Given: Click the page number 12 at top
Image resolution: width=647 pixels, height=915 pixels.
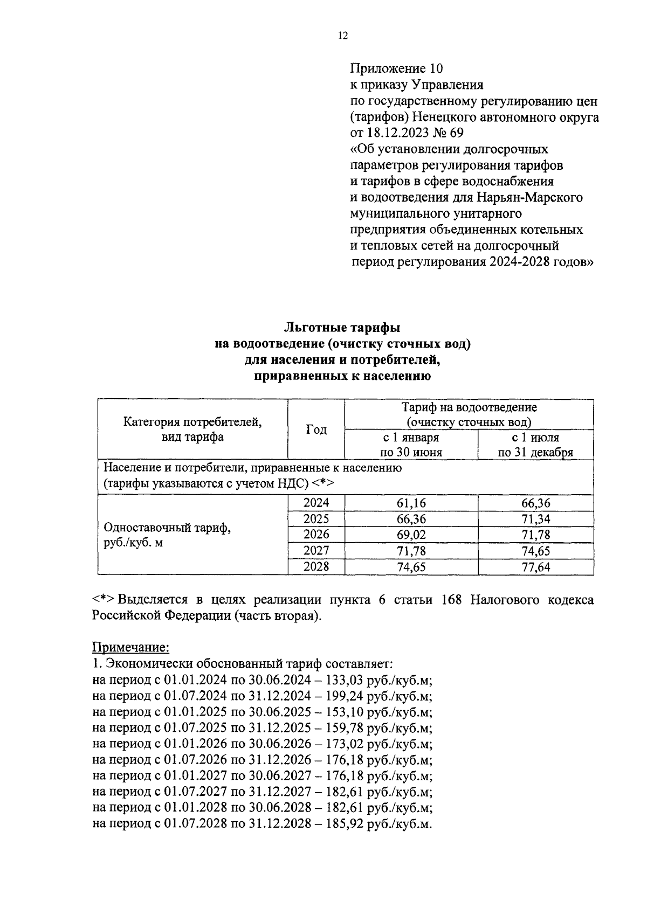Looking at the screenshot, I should [343, 36].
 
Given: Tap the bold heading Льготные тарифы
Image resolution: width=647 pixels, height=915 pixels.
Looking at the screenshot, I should [342, 328].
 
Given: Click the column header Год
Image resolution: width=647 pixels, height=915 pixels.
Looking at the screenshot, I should [316, 429].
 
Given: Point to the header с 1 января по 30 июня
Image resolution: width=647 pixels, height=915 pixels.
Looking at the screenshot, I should [411, 445].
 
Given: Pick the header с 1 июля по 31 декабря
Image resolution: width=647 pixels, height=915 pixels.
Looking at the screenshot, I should [535, 445].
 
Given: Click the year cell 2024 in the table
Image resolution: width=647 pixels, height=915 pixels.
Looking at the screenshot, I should [316, 503].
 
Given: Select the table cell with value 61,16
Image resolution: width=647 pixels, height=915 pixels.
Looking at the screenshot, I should [411, 504].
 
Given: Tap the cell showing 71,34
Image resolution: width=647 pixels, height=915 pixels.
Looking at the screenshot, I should [535, 519].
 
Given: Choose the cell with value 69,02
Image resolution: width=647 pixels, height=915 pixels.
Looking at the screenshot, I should [411, 535].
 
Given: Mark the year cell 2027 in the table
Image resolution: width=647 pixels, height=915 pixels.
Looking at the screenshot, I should [316, 551].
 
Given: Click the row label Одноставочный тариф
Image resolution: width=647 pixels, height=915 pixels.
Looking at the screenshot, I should [167, 528].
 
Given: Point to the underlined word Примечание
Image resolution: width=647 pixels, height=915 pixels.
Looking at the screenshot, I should [131, 647].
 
